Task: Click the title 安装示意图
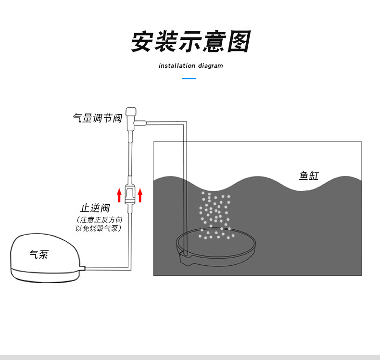[x=191, y=41]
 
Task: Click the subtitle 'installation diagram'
[x=191, y=66]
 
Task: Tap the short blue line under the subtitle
[x=189, y=78]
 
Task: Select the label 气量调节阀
[x=98, y=118]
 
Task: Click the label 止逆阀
[x=95, y=208]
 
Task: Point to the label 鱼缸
[x=308, y=175]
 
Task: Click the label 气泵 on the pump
[x=39, y=254]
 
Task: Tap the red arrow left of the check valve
[x=119, y=195]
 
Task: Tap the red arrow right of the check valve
[x=140, y=195]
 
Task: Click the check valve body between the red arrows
[x=130, y=194]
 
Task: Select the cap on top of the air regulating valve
[x=131, y=112]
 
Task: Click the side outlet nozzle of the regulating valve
[x=140, y=123]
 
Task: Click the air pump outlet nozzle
[x=82, y=268]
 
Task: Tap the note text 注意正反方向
[x=101, y=220]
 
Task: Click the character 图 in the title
[x=239, y=41]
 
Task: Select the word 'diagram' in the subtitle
[x=210, y=66]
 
